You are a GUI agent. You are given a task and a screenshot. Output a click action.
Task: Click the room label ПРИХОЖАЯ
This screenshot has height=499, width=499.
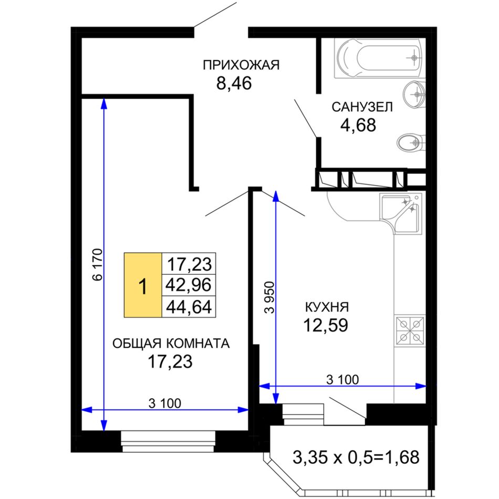pos(241,65)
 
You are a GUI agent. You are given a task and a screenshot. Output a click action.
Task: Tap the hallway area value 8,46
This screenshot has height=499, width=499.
pos(234,84)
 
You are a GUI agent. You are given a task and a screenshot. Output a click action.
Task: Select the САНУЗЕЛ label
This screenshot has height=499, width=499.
pos(362,107)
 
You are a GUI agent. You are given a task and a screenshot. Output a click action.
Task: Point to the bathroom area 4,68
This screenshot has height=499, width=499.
pos(358,125)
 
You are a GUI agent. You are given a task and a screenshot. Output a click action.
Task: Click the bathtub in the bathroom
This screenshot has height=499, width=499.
pos(380,58)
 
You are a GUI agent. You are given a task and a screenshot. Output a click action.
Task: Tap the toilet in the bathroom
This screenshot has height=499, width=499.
pos(411,143)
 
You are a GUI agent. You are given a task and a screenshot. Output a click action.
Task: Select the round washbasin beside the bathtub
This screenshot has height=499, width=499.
pos(414,93)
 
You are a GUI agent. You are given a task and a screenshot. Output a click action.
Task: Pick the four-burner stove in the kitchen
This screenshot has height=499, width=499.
pos(410,330)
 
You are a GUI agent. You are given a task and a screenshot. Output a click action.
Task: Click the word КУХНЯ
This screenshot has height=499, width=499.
pos(327,307)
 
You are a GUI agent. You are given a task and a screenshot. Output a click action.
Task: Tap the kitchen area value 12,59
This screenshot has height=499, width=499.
pos(326,325)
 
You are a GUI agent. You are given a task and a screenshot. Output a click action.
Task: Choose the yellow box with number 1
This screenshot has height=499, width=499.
pos(143,285)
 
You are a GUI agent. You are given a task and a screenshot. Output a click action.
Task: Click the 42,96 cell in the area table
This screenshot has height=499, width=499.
pos(189,285)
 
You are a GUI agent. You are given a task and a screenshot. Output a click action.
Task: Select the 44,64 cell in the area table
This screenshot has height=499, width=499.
pos(189,307)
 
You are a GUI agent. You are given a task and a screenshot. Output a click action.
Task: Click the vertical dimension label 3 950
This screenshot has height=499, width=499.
pos(269,297)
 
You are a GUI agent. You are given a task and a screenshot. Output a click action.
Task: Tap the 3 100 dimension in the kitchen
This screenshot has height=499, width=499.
pos(342,379)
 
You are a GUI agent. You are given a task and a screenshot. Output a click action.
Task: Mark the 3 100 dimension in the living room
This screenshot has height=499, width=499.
pos(164,403)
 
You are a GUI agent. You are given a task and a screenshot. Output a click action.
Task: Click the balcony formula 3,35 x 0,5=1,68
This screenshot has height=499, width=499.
pos(356,458)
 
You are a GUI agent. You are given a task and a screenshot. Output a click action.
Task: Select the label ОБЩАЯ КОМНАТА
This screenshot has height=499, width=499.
pos(171,344)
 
